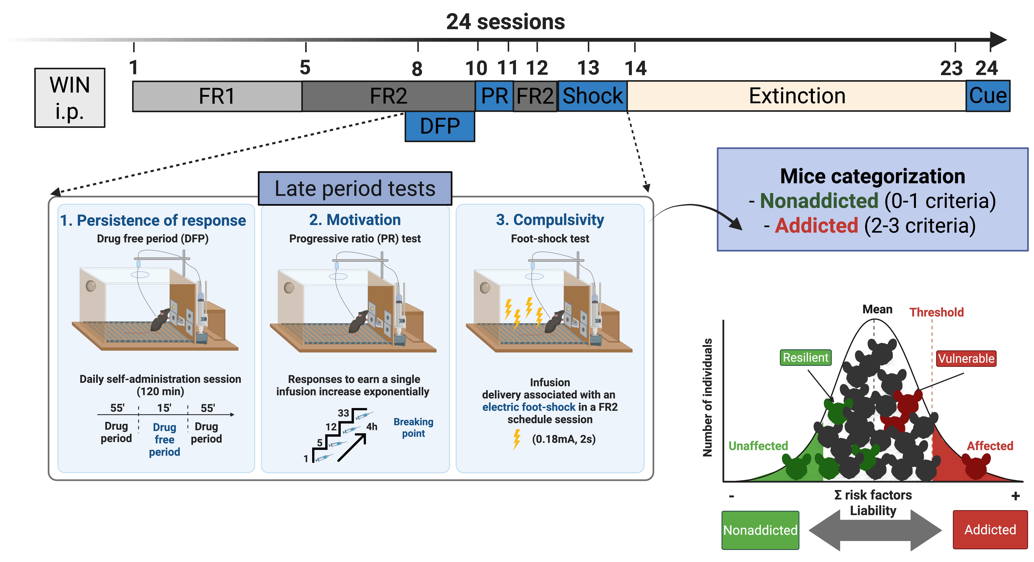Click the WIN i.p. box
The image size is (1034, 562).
70,98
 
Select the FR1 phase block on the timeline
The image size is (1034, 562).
217,96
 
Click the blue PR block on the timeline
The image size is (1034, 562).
494,96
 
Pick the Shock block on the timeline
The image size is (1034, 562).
593,96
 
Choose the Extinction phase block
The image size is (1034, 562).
797,96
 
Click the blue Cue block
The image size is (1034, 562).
988,96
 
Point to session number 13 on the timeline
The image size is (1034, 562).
588,68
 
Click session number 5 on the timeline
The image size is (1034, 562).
305,67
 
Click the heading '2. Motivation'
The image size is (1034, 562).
355,220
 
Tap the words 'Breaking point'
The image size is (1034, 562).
413,427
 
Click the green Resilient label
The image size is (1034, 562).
805,357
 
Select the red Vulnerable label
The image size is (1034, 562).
966,359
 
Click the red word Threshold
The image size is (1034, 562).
936,312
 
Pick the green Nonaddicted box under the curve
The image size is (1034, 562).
760,530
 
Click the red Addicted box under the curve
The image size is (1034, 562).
990,530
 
